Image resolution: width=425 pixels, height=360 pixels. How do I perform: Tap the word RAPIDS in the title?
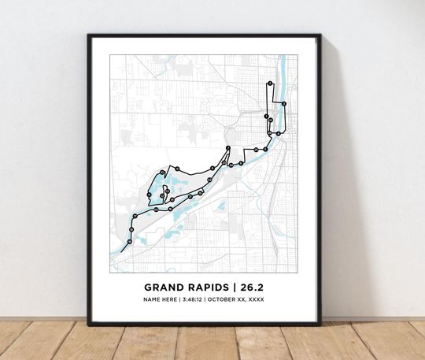209,287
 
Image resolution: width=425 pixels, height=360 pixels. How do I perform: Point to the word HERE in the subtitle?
173,299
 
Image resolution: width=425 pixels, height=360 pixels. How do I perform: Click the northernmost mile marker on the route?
270,83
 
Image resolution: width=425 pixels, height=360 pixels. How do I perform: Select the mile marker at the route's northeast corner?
284,103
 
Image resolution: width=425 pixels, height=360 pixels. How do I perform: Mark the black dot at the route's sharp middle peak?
227,148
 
